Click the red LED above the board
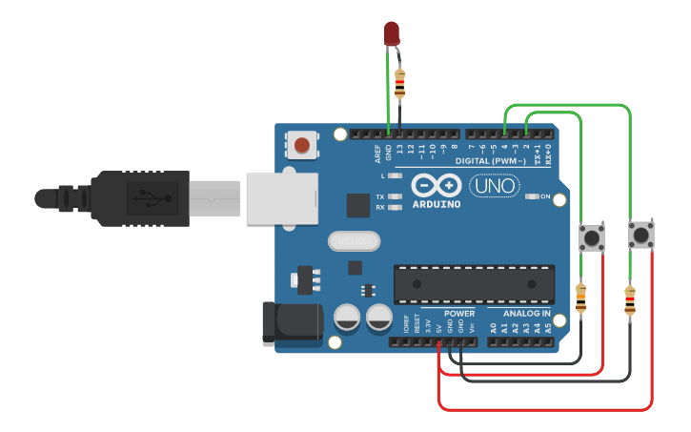[392, 34]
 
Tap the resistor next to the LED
[399, 84]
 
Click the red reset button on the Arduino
[302, 145]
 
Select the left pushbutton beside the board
[592, 237]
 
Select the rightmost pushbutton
[640, 235]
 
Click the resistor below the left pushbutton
[581, 298]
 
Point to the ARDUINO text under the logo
[437, 204]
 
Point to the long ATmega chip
[474, 283]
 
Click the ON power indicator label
[545, 196]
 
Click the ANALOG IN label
[526, 313]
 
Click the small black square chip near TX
[357, 205]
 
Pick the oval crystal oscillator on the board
[353, 240]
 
